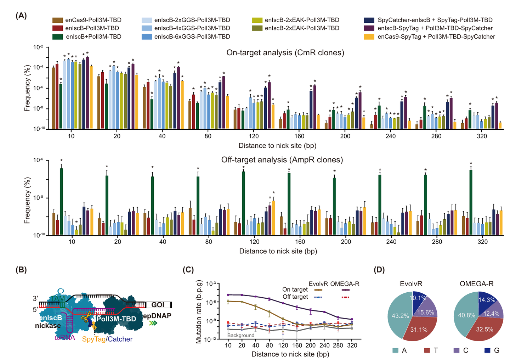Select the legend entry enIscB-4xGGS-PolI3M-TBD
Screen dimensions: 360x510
192,28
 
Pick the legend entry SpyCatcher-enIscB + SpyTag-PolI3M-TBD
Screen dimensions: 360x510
435,20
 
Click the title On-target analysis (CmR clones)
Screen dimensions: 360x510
285,53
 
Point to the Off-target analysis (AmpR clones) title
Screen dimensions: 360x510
282,160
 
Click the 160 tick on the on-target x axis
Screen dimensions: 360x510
299,136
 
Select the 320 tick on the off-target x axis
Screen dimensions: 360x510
482,242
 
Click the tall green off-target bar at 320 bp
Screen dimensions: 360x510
471,202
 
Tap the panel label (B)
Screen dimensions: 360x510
21,270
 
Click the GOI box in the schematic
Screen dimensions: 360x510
158,305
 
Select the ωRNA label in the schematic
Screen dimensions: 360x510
65,338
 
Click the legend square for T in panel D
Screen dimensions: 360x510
426,350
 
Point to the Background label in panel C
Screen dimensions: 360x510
241,335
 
